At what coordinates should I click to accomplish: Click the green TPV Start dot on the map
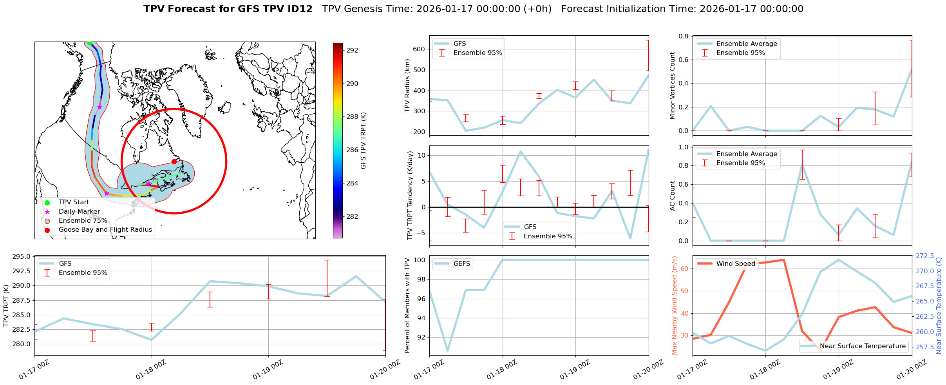pyautogui.click(x=90, y=43)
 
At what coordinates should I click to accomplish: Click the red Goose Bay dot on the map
pyautogui.click(x=174, y=162)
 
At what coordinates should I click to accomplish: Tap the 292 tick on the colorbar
pyautogui.click(x=352, y=50)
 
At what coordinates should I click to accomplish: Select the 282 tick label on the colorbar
pyautogui.click(x=352, y=216)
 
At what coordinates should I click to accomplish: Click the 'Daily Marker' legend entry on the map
pyautogui.click(x=79, y=211)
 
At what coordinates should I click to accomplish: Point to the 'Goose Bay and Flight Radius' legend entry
pyautogui.click(x=105, y=230)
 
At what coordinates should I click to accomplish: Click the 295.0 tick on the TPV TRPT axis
pyautogui.click(x=22, y=257)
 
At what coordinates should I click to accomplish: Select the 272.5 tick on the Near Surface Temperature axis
pyautogui.click(x=924, y=256)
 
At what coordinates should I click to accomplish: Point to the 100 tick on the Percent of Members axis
pyautogui.click(x=420, y=260)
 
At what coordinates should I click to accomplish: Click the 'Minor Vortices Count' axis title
pyautogui.click(x=673, y=85)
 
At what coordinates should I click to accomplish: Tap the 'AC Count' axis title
pyautogui.click(x=673, y=196)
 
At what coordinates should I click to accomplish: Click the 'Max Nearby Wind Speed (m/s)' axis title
pyautogui.click(x=674, y=305)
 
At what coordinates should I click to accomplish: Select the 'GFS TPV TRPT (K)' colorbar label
pyautogui.click(x=363, y=141)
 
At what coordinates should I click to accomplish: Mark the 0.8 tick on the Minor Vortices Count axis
pyautogui.click(x=683, y=36)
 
